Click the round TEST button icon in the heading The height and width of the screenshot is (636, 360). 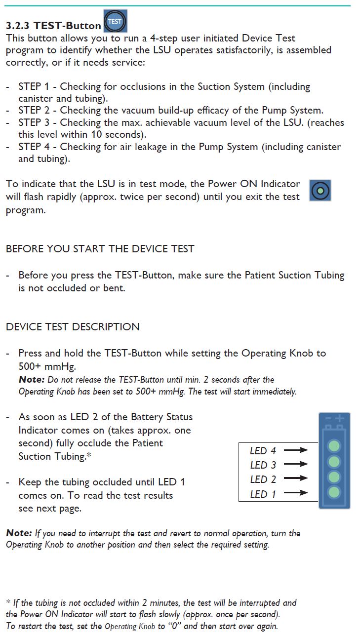click(x=115, y=21)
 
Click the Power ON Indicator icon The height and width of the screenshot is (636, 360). click(x=320, y=190)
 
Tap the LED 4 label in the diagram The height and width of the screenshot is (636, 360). click(x=263, y=450)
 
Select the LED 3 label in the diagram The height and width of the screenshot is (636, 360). click(x=263, y=465)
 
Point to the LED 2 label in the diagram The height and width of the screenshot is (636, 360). click(x=263, y=479)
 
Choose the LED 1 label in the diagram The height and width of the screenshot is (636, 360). click(x=263, y=494)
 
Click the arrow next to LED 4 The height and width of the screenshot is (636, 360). click(x=296, y=450)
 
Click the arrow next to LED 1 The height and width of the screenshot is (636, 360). click(x=296, y=493)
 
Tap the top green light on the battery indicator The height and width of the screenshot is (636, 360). click(x=334, y=446)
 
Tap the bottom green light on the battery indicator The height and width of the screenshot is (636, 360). click(x=334, y=492)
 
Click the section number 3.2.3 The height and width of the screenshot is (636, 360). click(x=18, y=25)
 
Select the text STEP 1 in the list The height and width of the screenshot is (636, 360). click(x=37, y=86)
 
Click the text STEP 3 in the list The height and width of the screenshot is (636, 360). click(x=37, y=122)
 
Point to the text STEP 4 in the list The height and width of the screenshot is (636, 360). click(x=37, y=147)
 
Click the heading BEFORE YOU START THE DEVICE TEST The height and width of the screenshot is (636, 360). click(x=100, y=249)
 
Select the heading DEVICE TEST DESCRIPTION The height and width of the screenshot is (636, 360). click(x=73, y=327)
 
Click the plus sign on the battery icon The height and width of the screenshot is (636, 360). click(x=340, y=418)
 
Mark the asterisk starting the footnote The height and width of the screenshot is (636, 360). click(x=8, y=602)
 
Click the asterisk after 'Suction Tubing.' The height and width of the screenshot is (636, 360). click(x=89, y=455)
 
